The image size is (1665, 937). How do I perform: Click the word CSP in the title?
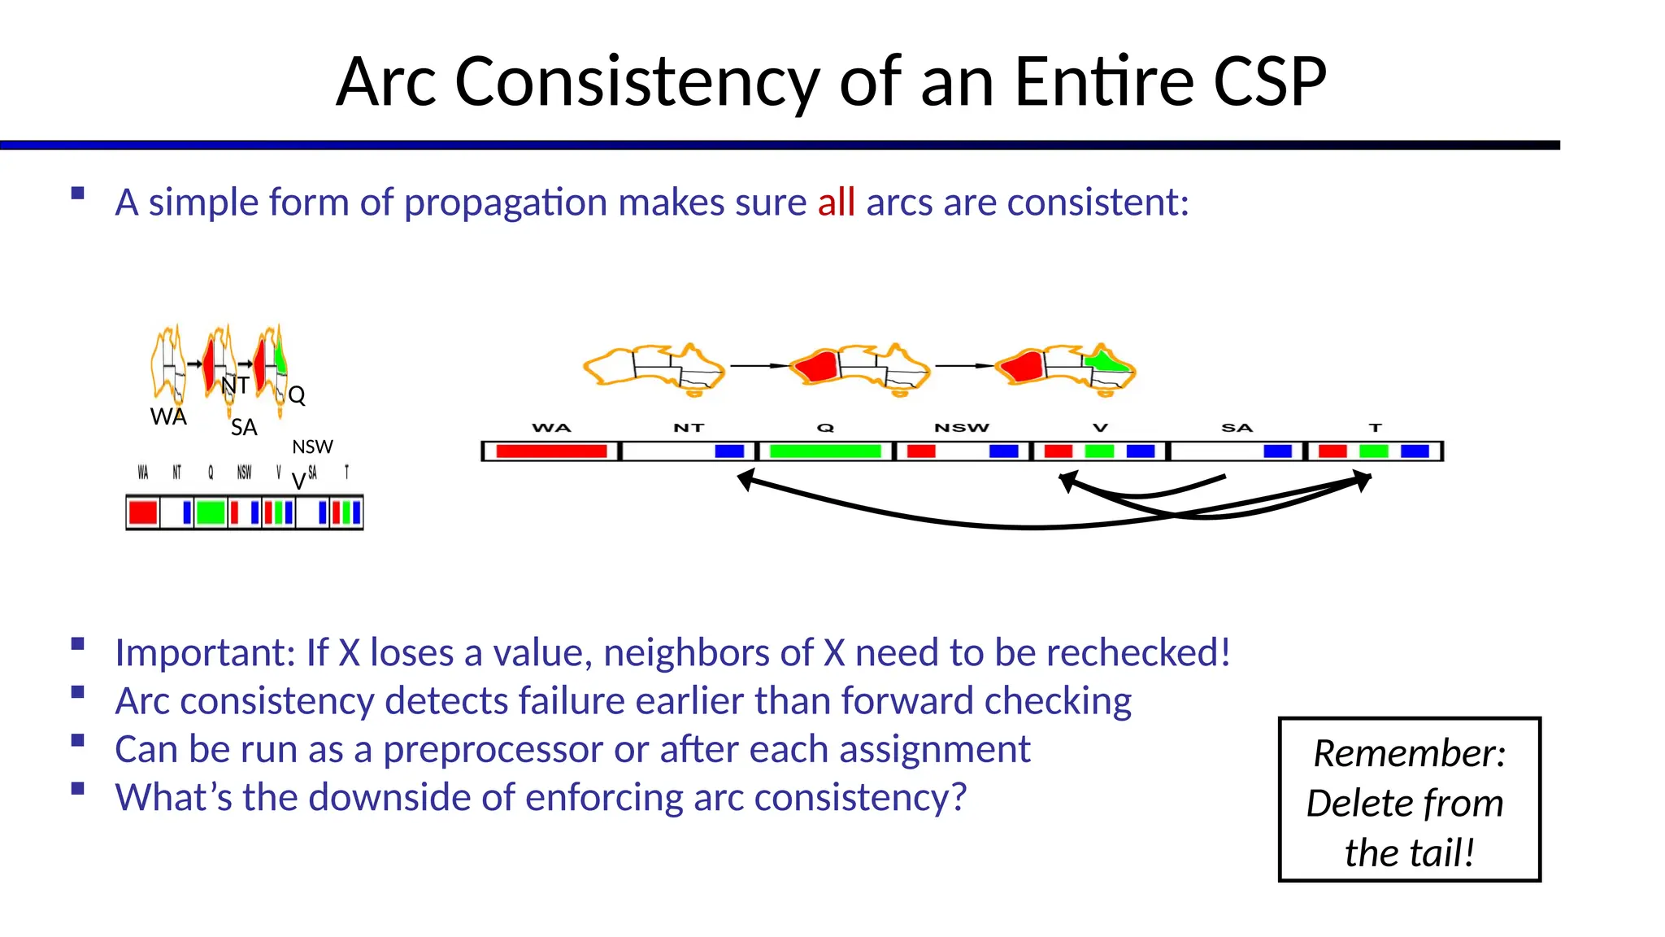click(x=1269, y=82)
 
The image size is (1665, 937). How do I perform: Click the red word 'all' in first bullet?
click(x=836, y=203)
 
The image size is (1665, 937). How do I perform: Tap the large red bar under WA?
click(x=551, y=451)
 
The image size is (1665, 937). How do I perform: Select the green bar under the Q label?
click(x=825, y=451)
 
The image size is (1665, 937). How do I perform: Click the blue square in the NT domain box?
click(x=729, y=451)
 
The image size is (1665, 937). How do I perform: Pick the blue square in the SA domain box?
click(x=1277, y=451)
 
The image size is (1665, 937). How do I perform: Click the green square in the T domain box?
click(x=1373, y=451)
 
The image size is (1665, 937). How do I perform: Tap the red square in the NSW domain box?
click(x=921, y=451)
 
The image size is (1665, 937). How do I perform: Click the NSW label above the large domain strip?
click(x=962, y=428)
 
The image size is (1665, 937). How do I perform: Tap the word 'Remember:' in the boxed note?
click(x=1409, y=753)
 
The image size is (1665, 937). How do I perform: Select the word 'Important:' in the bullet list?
click(x=204, y=652)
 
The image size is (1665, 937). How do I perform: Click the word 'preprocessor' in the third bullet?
click(x=493, y=749)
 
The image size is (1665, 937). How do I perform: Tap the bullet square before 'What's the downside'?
click(x=78, y=788)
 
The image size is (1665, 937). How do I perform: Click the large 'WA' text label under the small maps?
click(x=168, y=416)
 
